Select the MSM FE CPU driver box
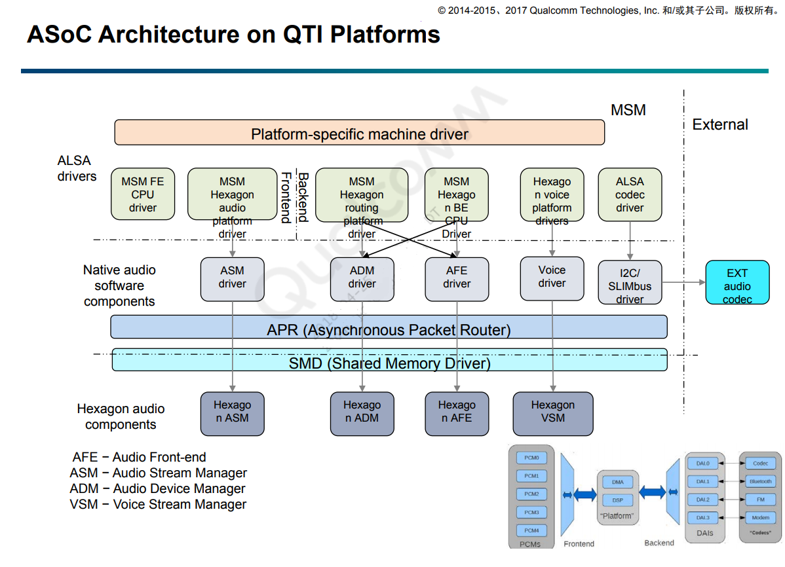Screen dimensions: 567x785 tap(142, 194)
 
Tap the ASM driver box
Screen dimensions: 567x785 tap(232, 279)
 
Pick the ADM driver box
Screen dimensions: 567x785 tap(362, 279)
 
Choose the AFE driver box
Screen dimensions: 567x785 tap(456, 279)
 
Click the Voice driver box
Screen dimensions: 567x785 tap(552, 278)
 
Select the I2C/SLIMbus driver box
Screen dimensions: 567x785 tap(630, 283)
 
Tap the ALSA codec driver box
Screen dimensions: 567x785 tap(630, 194)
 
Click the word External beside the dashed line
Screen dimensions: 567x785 tap(720, 124)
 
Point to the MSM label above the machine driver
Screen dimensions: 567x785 tap(628, 110)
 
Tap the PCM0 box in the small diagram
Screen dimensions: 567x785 tap(531, 458)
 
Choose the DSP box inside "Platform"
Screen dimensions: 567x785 tap(618, 500)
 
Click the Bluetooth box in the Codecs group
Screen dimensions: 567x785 tap(760, 481)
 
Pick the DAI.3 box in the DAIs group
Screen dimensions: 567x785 tap(702, 518)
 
